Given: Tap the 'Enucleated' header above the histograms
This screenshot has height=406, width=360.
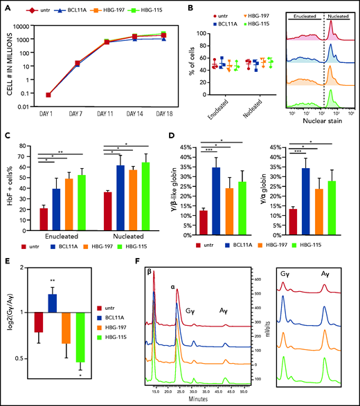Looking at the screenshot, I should (x=303, y=14).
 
